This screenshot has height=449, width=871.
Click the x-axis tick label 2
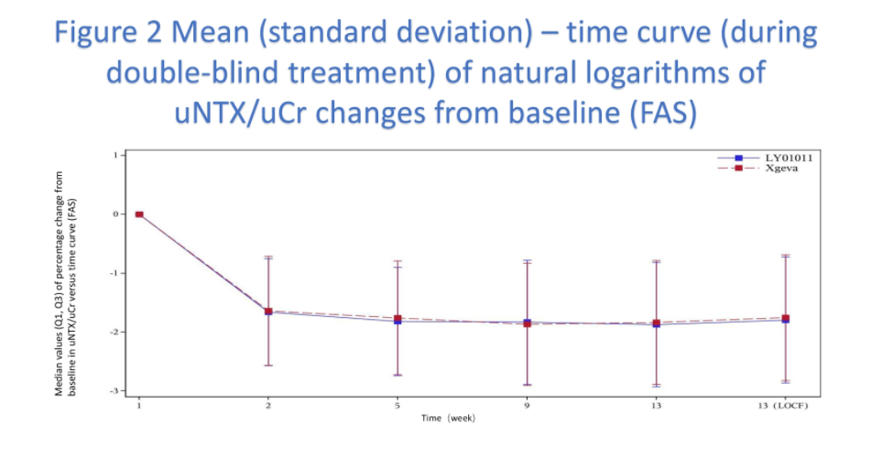(x=267, y=404)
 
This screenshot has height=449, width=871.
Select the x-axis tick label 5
(x=397, y=404)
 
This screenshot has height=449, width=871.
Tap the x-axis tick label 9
(x=527, y=404)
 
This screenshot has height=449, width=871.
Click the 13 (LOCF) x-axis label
(x=785, y=404)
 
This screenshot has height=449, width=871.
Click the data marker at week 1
(x=139, y=214)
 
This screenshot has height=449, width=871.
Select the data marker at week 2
(x=268, y=312)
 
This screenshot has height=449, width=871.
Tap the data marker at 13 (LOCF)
(x=786, y=319)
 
